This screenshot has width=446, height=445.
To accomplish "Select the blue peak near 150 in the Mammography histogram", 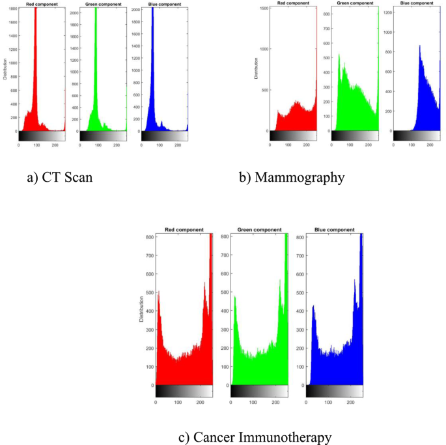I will point(420,49).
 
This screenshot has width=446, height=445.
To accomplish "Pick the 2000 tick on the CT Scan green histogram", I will point(74,13).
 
